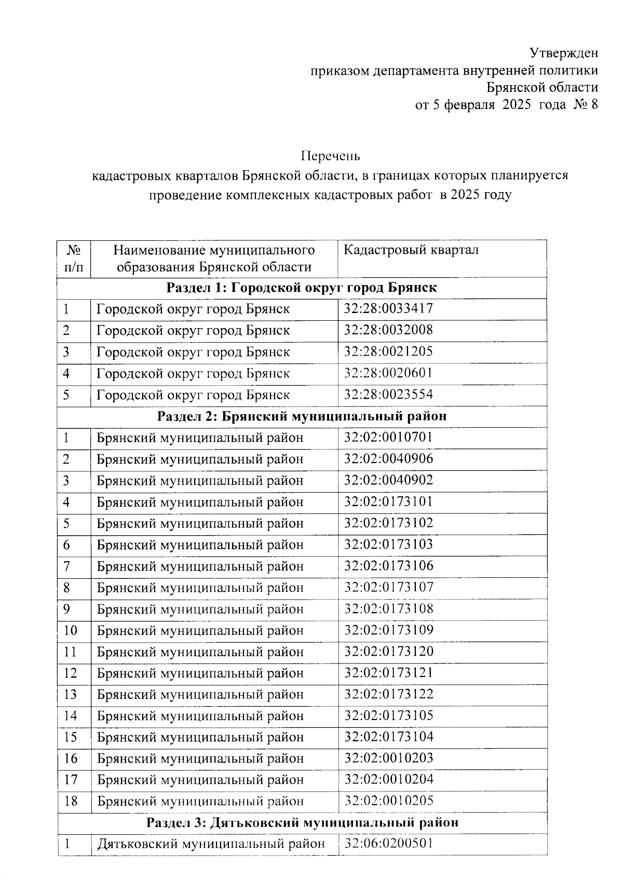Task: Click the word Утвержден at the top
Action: click(564, 52)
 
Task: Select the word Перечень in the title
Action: click(331, 156)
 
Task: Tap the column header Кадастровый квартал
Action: click(411, 250)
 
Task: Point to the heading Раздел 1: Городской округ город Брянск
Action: click(302, 288)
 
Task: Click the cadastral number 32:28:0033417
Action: click(388, 309)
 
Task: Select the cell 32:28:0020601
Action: click(388, 373)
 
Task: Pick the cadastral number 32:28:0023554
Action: click(388, 395)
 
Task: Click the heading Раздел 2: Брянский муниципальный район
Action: click(302, 416)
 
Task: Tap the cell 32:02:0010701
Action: click(388, 437)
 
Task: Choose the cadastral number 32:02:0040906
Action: click(388, 459)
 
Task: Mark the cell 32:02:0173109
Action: click(388, 630)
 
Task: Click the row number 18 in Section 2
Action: click(71, 801)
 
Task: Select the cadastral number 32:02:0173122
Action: click(388, 694)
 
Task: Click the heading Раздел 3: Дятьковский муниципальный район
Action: click(302, 822)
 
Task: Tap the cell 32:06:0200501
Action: click(388, 844)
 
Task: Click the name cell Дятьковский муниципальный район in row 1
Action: click(211, 844)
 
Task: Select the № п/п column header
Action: click(74, 259)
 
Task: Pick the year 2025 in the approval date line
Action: click(517, 104)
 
